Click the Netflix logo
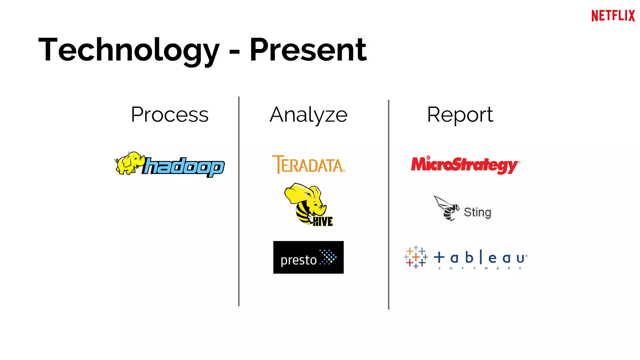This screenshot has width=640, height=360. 613,16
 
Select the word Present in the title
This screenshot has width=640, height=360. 308,50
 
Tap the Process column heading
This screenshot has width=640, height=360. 169,115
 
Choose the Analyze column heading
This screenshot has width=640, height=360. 308,115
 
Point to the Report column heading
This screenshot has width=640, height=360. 460,115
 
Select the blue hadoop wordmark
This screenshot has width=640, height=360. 184,167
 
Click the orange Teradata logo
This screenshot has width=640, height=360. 308,164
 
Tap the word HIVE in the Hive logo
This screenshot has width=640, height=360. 323,221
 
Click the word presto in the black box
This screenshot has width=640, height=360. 298,260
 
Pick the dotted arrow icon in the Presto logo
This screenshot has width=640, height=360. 328,257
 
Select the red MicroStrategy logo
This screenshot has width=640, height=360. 465,164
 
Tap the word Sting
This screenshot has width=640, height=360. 477,212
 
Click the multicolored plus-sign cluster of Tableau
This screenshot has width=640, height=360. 416,257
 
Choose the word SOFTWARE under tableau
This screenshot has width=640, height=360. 480,268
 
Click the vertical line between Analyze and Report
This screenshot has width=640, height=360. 388,205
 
